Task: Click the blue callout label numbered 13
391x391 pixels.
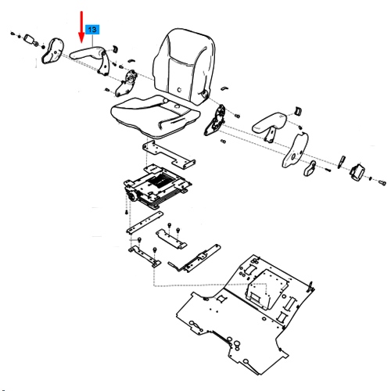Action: click(92, 30)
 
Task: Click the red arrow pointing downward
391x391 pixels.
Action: click(81, 27)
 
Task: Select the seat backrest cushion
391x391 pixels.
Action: click(185, 66)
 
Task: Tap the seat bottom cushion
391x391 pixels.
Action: click(156, 116)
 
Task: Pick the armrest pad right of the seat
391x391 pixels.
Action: click(269, 122)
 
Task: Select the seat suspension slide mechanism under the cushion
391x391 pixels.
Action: click(157, 187)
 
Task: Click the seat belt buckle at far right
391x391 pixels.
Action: click(357, 171)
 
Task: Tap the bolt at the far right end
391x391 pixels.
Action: click(382, 183)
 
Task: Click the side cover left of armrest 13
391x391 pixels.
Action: click(52, 51)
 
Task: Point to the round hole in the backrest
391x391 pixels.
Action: click(179, 90)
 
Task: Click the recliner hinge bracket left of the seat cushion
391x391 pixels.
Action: click(126, 83)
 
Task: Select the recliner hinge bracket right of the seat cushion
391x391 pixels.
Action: click(214, 120)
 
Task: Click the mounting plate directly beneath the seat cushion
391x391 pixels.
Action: click(169, 154)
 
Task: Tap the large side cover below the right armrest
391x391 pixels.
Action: click(296, 150)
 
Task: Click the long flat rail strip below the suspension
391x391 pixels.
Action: click(145, 222)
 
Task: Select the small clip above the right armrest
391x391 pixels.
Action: click(298, 110)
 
